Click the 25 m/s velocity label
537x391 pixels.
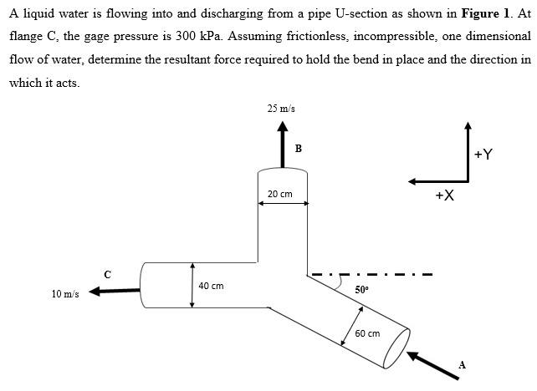coord(281,109)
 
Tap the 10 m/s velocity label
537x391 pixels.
coord(65,294)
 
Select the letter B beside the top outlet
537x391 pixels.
coord(299,149)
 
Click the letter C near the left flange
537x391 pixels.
coord(106,273)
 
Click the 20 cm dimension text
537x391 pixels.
coord(280,194)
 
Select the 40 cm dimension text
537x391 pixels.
coord(211,286)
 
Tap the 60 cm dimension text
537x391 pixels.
coord(367,333)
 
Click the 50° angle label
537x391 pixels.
coord(361,289)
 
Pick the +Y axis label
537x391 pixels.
coord(483,154)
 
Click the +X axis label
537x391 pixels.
coord(444,195)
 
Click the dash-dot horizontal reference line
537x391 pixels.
coord(371,274)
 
